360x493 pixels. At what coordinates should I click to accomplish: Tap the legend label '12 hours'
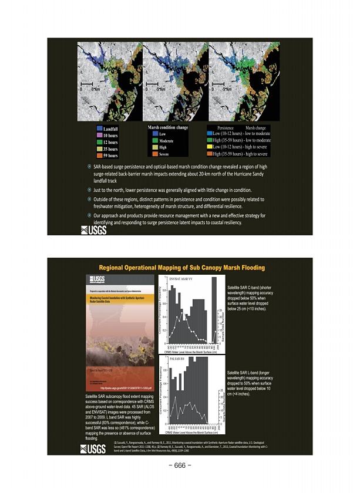pos(110,143)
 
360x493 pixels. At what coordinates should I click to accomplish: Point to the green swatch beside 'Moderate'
pos(154,141)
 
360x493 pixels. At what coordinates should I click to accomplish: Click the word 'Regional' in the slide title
pos(115,268)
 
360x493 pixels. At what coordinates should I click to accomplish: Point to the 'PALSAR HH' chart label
pos(177,357)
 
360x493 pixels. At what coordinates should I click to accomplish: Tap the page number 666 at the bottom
pos(180,467)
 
